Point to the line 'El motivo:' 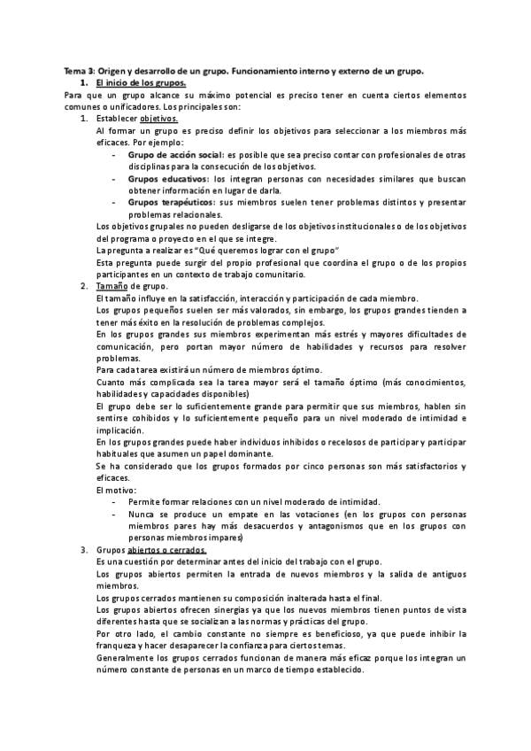[x=116, y=489]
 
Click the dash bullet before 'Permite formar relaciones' [x=115, y=501]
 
